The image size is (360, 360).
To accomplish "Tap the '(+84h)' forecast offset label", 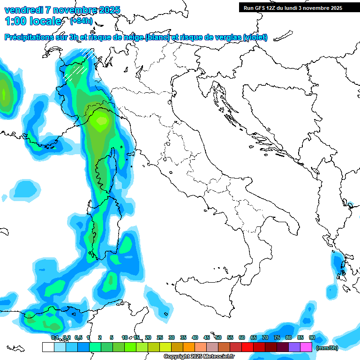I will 81,21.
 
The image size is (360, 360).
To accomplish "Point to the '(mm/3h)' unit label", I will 327,347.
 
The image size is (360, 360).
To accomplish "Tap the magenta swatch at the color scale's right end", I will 306,347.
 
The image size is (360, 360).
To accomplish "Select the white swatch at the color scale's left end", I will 48,347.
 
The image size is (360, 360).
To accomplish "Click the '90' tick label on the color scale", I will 312,338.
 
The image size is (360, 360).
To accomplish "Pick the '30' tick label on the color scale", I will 172,338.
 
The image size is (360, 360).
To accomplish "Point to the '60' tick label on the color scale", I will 242,338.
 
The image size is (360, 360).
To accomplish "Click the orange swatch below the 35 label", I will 189,347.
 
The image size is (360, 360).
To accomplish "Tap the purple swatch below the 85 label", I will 294,347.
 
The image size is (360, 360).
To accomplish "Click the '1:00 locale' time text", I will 33,21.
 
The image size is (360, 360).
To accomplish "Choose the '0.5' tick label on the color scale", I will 78,338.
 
